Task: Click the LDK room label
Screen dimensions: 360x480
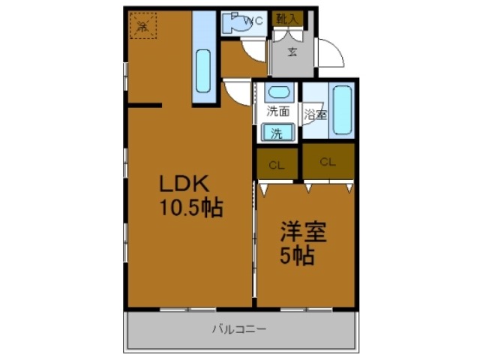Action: tap(187, 184)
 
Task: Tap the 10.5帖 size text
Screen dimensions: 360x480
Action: tap(190, 208)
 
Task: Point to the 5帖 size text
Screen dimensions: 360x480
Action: tap(298, 255)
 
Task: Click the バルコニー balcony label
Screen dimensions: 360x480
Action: tap(239, 328)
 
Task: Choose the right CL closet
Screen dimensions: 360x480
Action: tap(328, 161)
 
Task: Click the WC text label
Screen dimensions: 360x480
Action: tap(253, 21)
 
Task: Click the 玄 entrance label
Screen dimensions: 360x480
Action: tap(293, 52)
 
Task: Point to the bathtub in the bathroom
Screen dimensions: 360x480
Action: tap(342, 110)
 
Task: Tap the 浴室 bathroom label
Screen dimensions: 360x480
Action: tap(315, 115)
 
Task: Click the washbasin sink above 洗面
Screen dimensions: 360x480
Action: tap(278, 94)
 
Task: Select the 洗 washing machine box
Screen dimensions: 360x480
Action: tap(277, 133)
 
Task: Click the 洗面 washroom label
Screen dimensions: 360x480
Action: tap(278, 112)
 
